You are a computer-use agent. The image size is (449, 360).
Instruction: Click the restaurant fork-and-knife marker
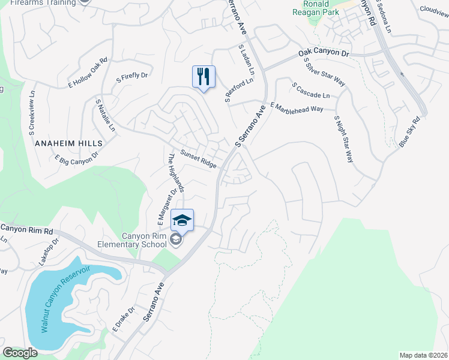pyautogui.click(x=203, y=76)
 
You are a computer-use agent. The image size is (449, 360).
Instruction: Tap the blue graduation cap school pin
pyautogui.click(x=182, y=220)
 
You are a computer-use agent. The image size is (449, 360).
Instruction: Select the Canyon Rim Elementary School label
pyautogui.click(x=136, y=240)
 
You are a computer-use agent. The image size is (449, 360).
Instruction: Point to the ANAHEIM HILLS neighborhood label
pyautogui.click(x=69, y=144)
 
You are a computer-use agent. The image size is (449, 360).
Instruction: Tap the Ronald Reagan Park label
pyautogui.click(x=316, y=8)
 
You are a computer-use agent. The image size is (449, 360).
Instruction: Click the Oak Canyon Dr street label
pyautogui.click(x=324, y=55)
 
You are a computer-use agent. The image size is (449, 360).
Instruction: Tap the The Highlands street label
pyautogui.click(x=176, y=173)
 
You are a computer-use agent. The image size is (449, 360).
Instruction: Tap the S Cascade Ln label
pyautogui.click(x=311, y=91)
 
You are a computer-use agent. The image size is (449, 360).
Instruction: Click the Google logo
pyautogui.click(x=20, y=353)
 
